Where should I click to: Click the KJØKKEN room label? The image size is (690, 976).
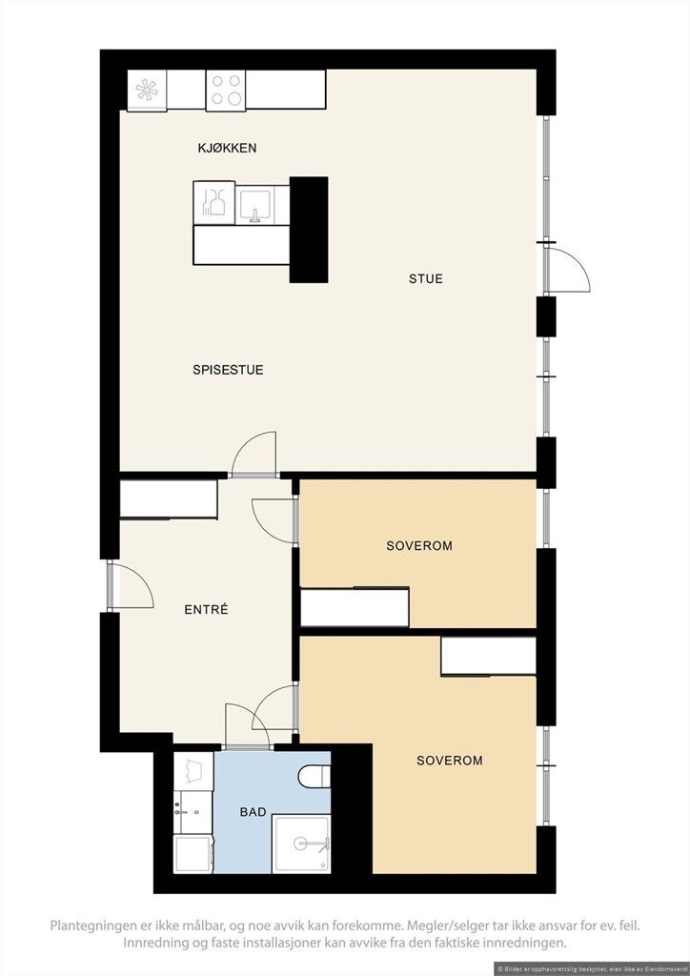click(x=227, y=148)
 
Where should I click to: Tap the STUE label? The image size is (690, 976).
click(x=426, y=279)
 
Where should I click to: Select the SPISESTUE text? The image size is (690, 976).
click(x=228, y=370)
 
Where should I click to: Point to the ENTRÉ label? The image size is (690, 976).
click(x=206, y=610)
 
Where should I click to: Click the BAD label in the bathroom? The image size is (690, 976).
click(x=254, y=812)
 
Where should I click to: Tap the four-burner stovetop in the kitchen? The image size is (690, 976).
click(x=226, y=91)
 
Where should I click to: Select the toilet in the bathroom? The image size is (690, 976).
click(x=315, y=777)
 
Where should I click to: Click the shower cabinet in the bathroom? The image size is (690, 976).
click(x=302, y=844)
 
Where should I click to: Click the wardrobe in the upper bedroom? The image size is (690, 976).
click(x=355, y=607)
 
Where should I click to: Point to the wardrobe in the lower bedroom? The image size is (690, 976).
click(x=488, y=657)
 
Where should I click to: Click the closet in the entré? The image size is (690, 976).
click(x=168, y=499)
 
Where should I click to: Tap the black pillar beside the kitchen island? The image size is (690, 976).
click(x=309, y=230)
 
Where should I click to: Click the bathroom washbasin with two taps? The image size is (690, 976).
click(x=193, y=812)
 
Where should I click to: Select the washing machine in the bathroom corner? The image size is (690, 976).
click(x=193, y=854)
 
